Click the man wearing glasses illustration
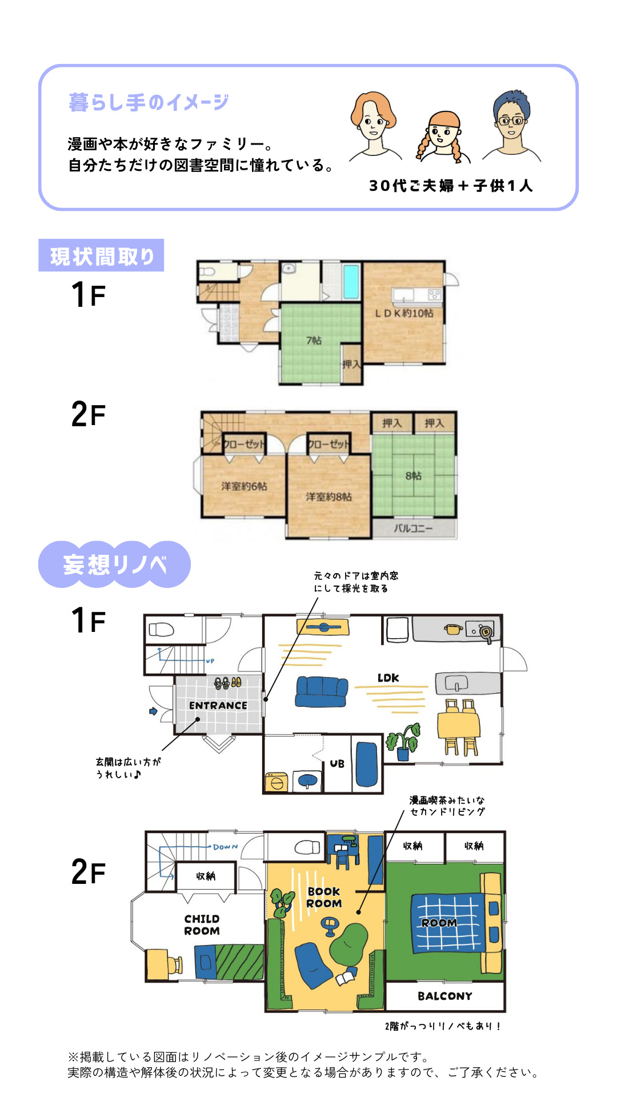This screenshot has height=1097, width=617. [x=511, y=126]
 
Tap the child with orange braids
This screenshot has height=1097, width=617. [x=443, y=138]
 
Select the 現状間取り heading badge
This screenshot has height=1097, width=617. [x=101, y=255]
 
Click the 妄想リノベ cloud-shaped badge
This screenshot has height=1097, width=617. [x=114, y=564]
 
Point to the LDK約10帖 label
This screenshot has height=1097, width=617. [x=404, y=313]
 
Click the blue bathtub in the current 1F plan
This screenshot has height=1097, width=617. [x=351, y=281]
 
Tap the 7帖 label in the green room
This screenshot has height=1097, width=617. [x=314, y=341]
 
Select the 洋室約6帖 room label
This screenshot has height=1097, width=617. [x=244, y=486]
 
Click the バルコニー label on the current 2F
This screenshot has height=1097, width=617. [x=413, y=529]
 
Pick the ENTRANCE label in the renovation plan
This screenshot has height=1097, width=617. [x=218, y=706]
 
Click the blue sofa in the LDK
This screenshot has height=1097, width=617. [x=322, y=691]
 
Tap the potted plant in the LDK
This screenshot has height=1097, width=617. [x=403, y=742]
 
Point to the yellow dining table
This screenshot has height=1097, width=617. [x=459, y=724]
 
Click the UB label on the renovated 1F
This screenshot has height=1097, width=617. [x=337, y=763]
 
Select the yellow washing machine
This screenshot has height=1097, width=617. [x=277, y=782]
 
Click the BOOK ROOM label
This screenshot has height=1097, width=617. [x=324, y=897]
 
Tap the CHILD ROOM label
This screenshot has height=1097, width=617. [x=202, y=924]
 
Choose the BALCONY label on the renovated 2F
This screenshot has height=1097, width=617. [x=445, y=996]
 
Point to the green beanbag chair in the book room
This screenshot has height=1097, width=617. [x=349, y=943]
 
